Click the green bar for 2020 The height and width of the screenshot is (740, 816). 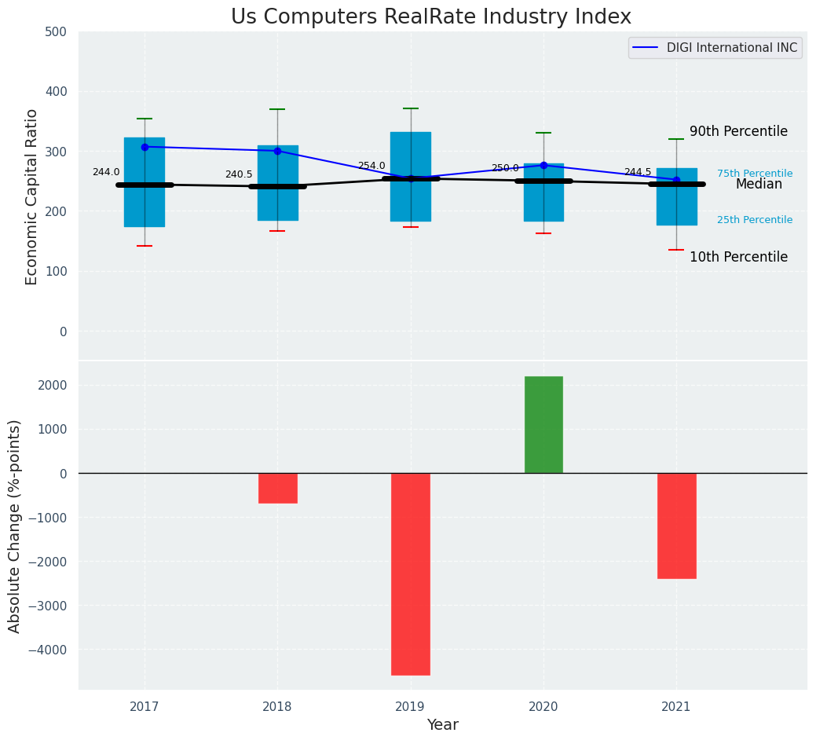point(543,424)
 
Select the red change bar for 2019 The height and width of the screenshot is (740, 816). point(410,573)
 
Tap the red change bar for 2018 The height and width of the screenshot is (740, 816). point(277,488)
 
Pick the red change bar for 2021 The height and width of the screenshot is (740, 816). point(676,526)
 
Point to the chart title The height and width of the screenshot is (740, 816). point(430,17)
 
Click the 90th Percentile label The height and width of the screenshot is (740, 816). point(738,132)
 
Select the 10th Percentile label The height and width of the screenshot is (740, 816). point(738,258)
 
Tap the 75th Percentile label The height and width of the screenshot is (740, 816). point(754,174)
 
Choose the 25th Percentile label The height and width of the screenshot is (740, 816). point(754,220)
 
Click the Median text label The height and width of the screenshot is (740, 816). point(759,185)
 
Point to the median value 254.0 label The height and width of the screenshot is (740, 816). point(371,167)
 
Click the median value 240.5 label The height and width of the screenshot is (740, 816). point(239,175)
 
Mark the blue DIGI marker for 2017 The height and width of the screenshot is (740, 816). point(145,147)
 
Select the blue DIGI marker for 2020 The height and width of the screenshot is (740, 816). point(543,165)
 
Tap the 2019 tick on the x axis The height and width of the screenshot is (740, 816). point(410,707)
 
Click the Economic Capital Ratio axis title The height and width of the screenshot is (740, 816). point(32,196)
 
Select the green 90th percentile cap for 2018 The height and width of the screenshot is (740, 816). point(277,109)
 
